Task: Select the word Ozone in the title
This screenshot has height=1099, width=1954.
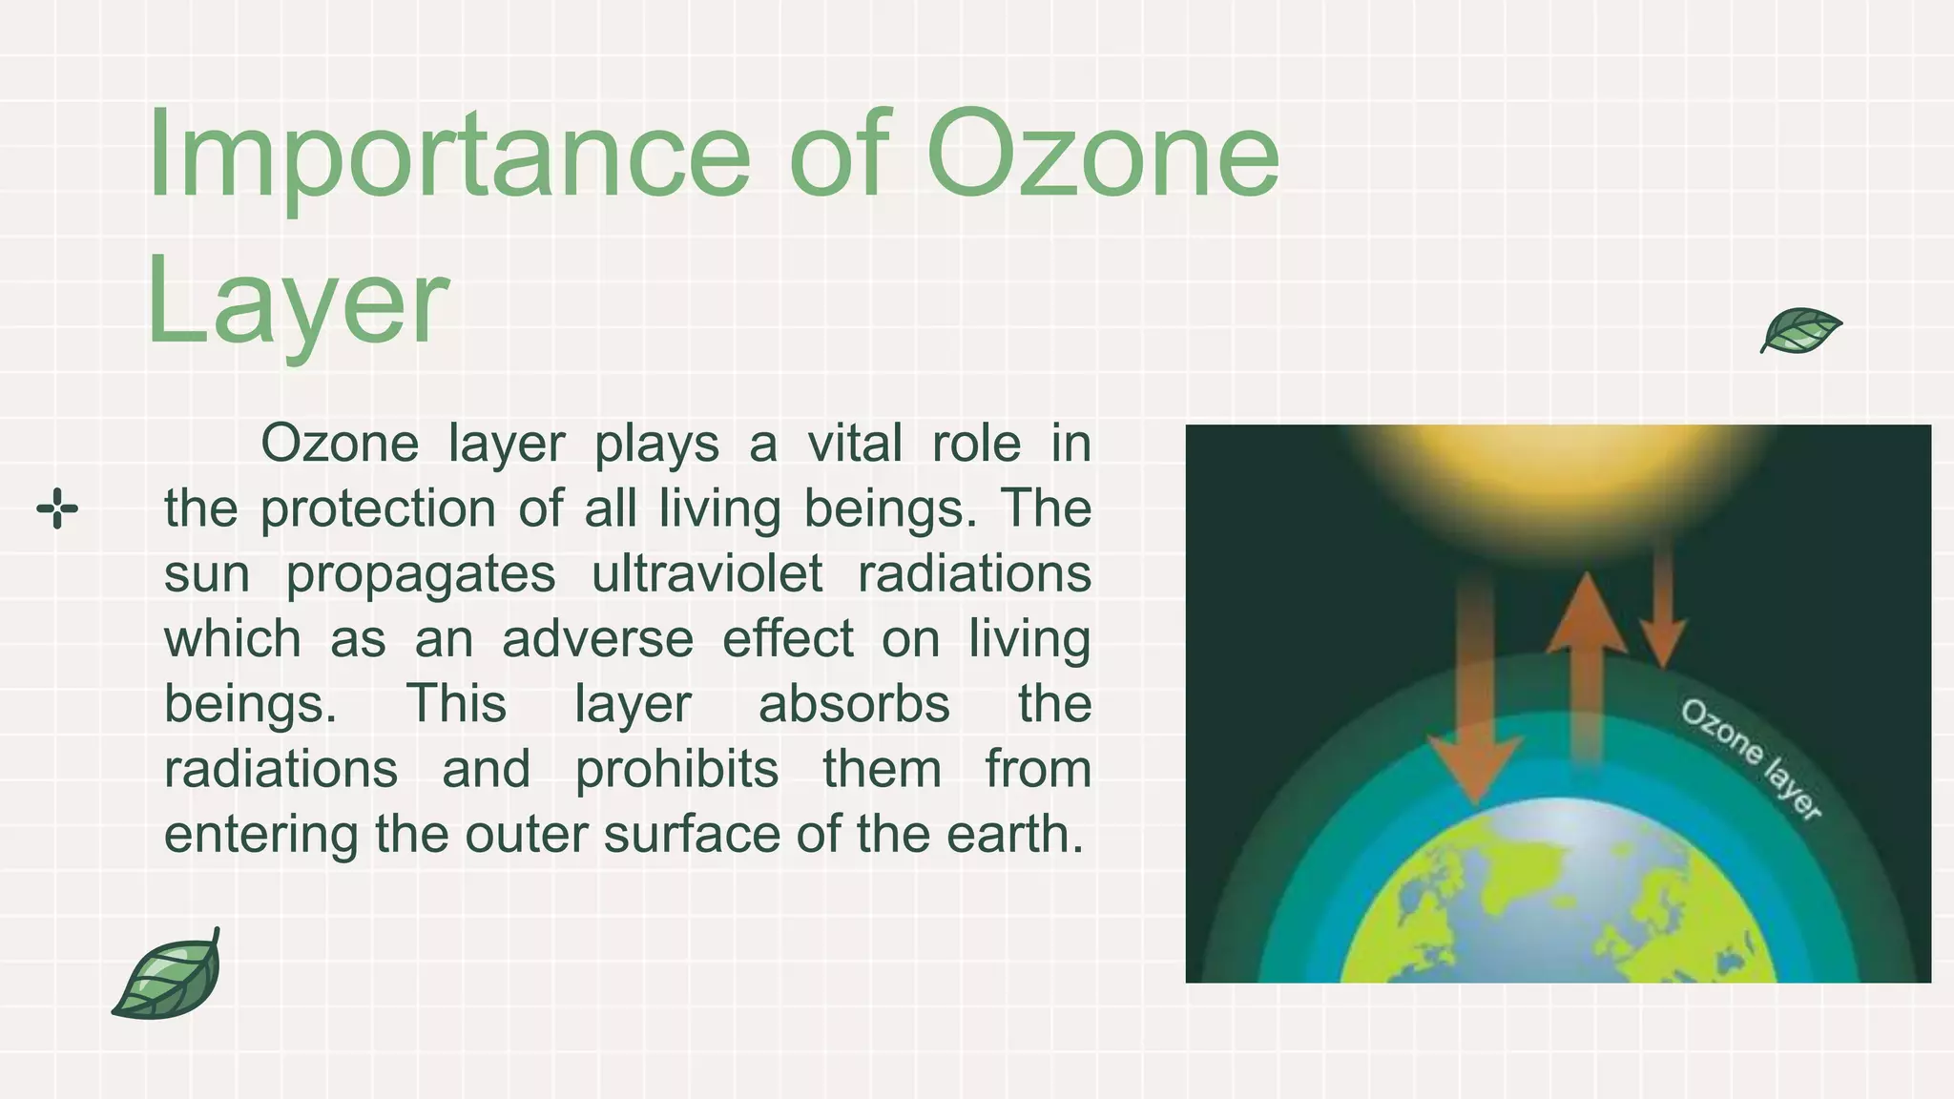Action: pyautogui.click(x=1102, y=155)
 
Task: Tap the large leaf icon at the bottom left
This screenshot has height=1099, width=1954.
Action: pyautogui.click(x=169, y=976)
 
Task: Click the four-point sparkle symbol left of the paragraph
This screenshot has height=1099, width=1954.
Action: pyautogui.click(x=57, y=508)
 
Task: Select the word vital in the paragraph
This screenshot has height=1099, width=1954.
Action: pyautogui.click(x=854, y=445)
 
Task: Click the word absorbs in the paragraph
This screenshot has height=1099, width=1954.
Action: pyautogui.click(x=854, y=705)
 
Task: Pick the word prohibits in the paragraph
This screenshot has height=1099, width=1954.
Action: pyautogui.click(x=676, y=770)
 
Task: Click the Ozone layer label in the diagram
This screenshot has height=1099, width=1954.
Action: pyautogui.click(x=1751, y=758)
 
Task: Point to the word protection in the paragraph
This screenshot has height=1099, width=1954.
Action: pyautogui.click(x=378, y=509)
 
